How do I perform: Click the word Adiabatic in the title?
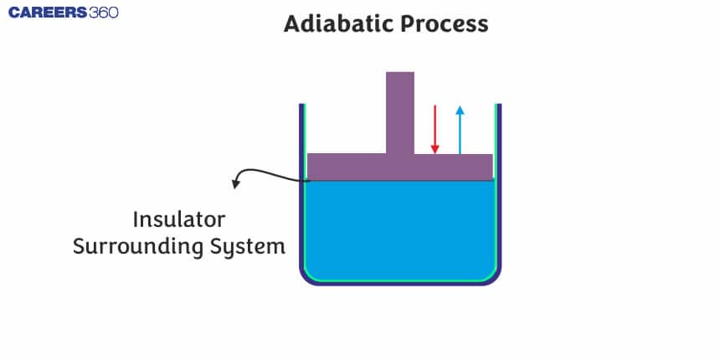[x=337, y=23]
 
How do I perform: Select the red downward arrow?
[x=435, y=129]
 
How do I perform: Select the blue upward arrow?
[x=460, y=129]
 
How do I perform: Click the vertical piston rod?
[x=400, y=112]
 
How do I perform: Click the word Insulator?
[x=179, y=220]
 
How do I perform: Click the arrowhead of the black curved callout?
[x=236, y=184]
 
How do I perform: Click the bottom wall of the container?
[x=400, y=283]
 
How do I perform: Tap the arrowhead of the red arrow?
[x=435, y=150]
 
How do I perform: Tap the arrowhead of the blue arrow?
[x=460, y=109]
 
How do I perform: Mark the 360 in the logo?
[x=101, y=13]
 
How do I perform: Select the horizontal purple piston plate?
[x=352, y=167]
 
